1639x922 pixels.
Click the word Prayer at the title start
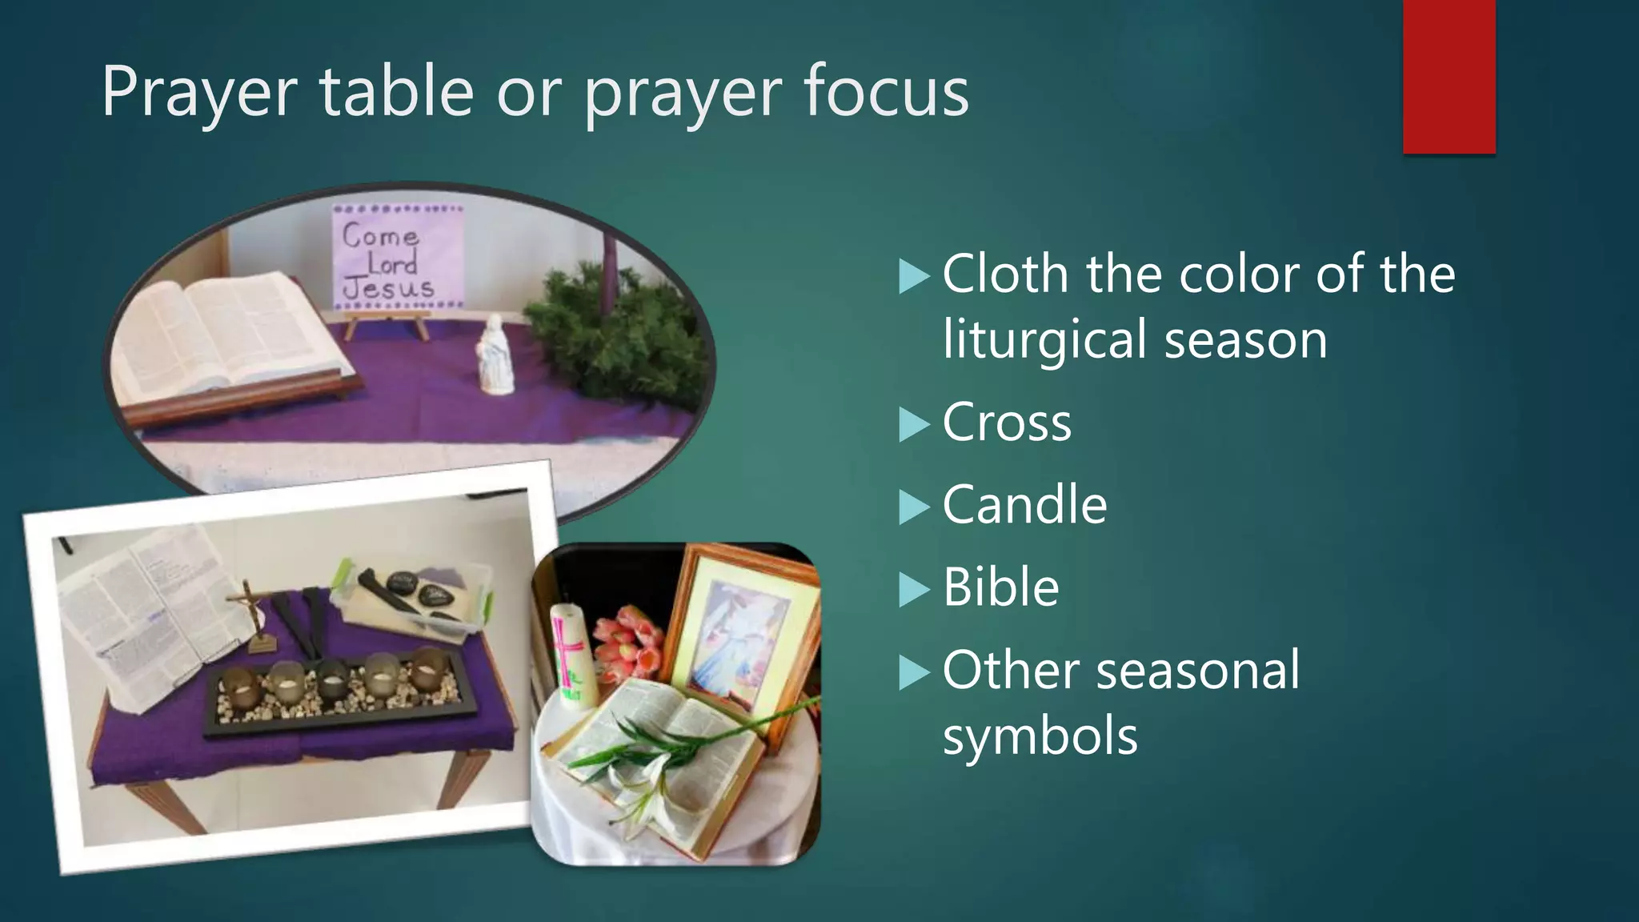(x=200, y=94)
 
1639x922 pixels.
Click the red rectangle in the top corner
(x=1449, y=76)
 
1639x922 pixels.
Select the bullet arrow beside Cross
(x=914, y=424)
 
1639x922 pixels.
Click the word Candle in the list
(x=1024, y=505)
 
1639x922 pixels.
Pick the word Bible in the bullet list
(x=1000, y=587)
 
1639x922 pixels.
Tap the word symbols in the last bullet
(x=1040, y=736)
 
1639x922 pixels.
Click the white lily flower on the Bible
(x=640, y=788)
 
